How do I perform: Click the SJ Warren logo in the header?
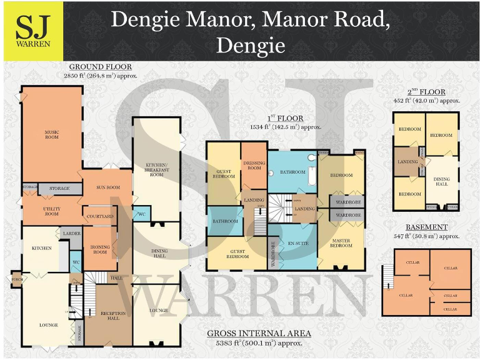point(33,31)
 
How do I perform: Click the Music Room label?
point(51,134)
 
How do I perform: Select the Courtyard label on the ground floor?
point(100,217)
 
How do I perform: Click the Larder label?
point(71,234)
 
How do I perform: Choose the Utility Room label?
point(51,210)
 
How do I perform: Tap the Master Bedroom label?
point(341,242)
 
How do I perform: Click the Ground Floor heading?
point(100,67)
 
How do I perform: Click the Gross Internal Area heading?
point(259,334)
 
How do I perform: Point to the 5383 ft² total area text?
point(259,343)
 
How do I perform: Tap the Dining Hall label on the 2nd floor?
point(442,182)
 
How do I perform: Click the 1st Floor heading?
point(284,118)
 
